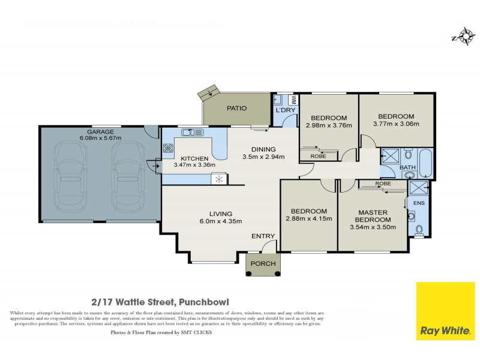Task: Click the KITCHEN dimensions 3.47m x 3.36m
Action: coord(190,164)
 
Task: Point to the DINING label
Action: coord(263,149)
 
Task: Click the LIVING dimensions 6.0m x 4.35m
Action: coord(220,221)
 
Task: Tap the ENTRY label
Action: coord(262,236)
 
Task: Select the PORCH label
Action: coord(263,263)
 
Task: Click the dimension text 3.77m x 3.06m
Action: coord(395,124)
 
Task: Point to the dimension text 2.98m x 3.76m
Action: coord(328,125)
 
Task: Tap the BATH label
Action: coord(407,167)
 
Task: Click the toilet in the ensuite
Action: coord(419,229)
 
